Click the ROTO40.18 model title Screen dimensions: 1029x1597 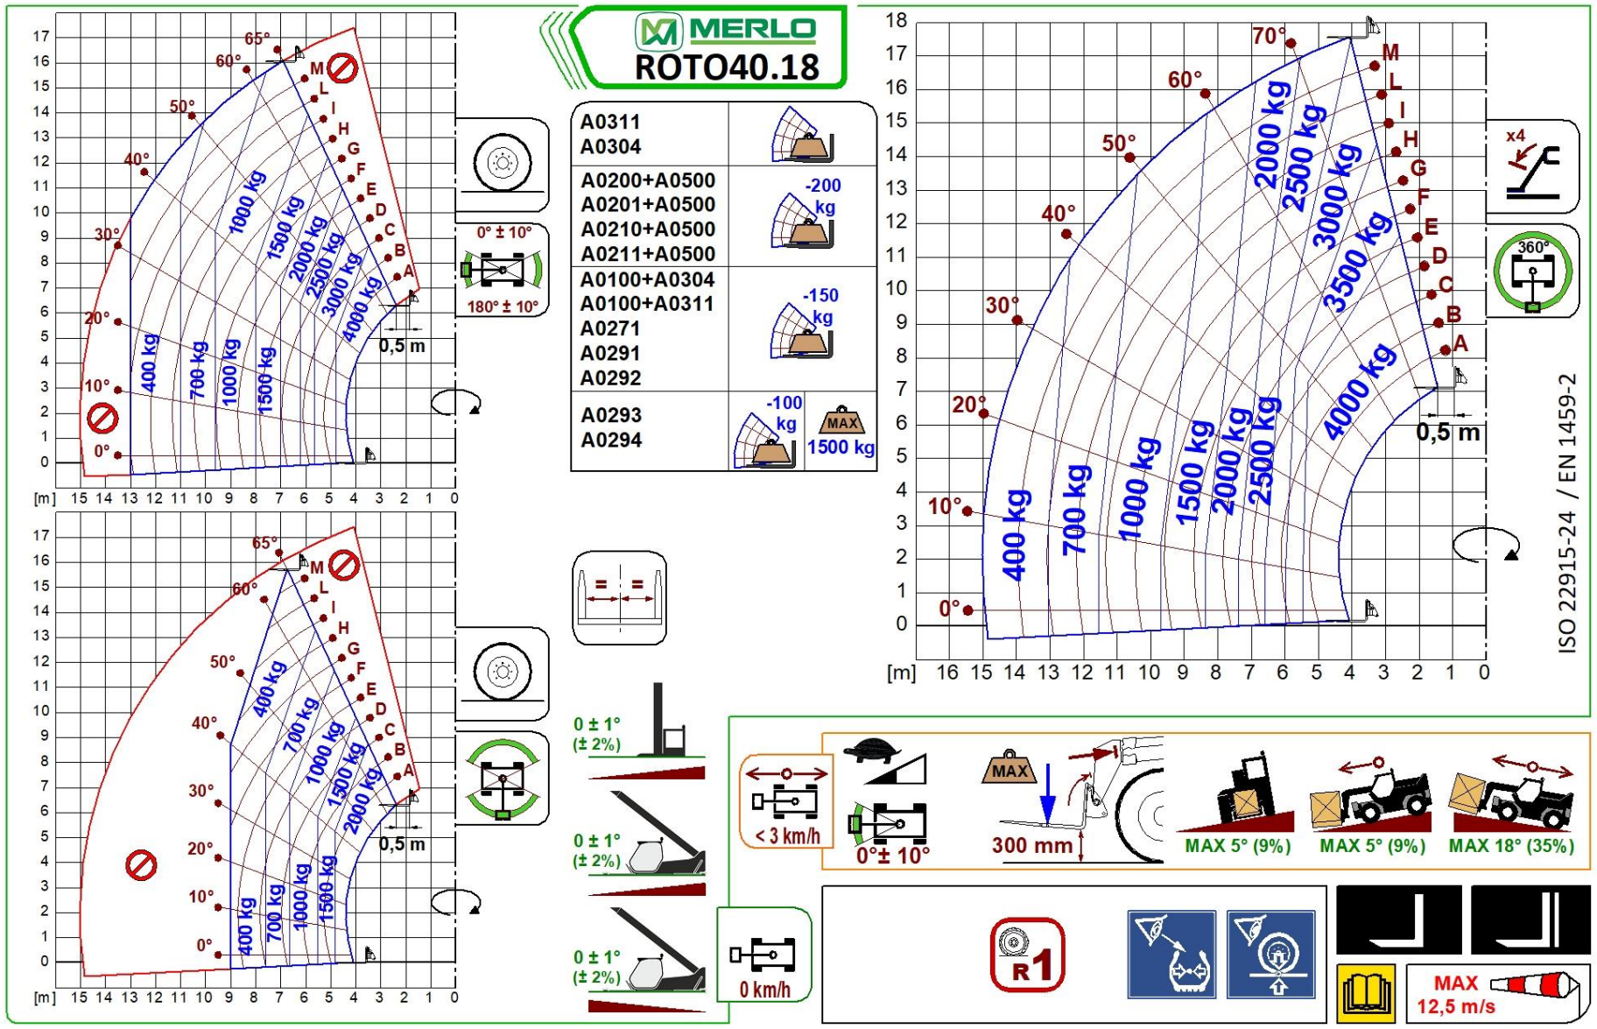[x=726, y=67]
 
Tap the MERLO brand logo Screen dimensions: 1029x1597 [x=726, y=31]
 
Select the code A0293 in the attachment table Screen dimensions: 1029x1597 [x=611, y=415]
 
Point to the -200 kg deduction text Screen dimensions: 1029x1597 [x=823, y=196]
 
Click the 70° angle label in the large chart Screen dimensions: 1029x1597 [x=1269, y=37]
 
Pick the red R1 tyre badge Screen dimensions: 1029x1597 [x=1027, y=955]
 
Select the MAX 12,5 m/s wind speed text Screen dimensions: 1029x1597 [x=1455, y=995]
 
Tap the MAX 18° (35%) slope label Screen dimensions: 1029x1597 [x=1511, y=846]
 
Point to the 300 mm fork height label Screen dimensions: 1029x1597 [x=1031, y=845]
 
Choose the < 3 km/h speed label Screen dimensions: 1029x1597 [x=787, y=836]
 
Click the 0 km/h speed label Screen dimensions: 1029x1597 [x=764, y=990]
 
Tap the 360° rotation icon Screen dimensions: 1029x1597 [x=1532, y=271]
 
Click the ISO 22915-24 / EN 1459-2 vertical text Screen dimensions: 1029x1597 [x=1567, y=512]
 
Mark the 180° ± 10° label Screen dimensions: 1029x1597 [x=503, y=307]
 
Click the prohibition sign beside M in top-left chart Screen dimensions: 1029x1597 [x=342, y=67]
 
